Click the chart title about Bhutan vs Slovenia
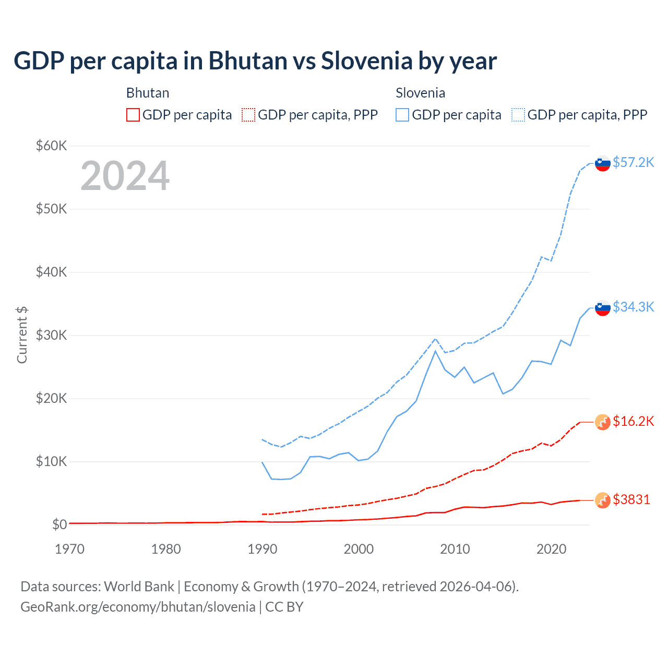coord(255,61)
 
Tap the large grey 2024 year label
coord(125,176)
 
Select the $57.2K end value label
coord(633,162)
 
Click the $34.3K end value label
coord(633,307)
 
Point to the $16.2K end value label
coord(633,421)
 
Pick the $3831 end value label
coord(631,499)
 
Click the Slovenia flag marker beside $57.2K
coord(603,163)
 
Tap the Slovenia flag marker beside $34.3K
coord(603,308)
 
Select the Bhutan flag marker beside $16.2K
coord(603,422)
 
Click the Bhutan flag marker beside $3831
coord(603,500)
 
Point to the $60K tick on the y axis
coord(51,146)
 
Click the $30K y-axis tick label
coord(51,335)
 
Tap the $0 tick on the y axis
coord(59,524)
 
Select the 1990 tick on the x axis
coord(263,549)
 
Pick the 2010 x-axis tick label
coord(455,549)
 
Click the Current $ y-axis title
coord(22,335)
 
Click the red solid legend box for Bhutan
coord(133,115)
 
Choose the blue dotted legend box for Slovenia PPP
coord(518,115)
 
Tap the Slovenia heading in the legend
coord(420,93)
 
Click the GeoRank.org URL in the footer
coord(138,607)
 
